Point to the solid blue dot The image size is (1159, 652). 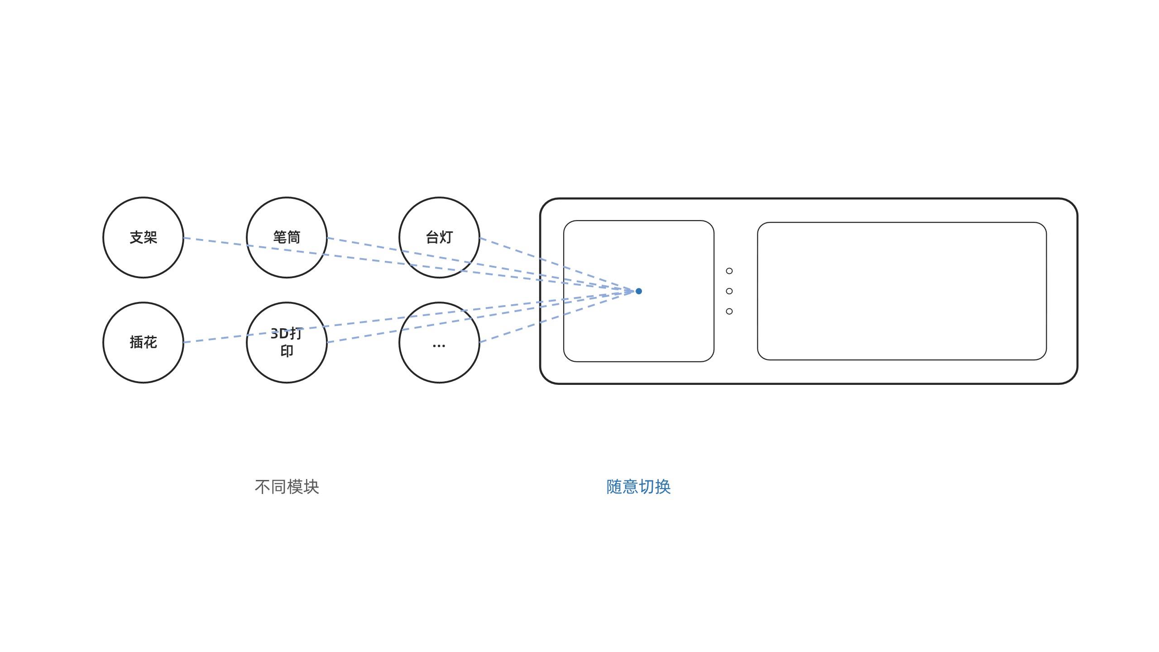pos(639,291)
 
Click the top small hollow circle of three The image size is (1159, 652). pos(729,271)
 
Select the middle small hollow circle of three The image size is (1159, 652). pos(729,291)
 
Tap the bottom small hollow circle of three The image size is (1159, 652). pos(729,311)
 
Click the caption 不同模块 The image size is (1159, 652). pos(287,487)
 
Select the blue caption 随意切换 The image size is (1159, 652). pos(638,487)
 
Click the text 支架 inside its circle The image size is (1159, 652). pos(143,237)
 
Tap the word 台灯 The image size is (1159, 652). pos(439,237)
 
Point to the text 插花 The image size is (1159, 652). pos(143,342)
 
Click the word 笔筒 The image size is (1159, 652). pos(287,237)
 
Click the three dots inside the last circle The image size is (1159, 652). pos(439,346)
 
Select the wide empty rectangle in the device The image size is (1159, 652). pos(901,291)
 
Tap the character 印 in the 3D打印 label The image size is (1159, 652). pos(287,351)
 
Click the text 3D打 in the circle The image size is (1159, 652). pos(286,334)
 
